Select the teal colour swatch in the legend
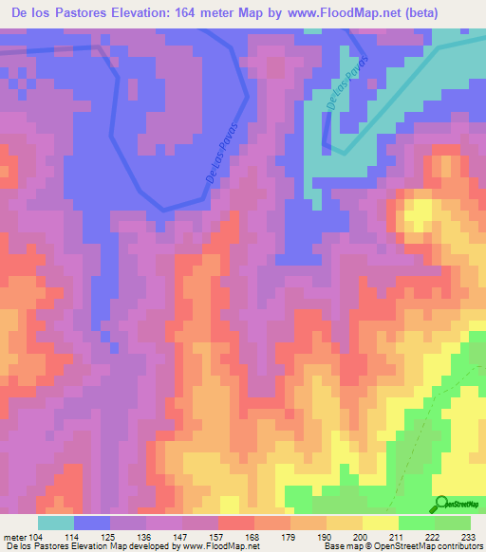pyautogui.click(x=55, y=523)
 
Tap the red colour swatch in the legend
pyautogui.click(x=235, y=523)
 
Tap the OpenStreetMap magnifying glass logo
pyautogui.click(x=442, y=504)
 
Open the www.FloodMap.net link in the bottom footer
pyautogui.click(x=224, y=546)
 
